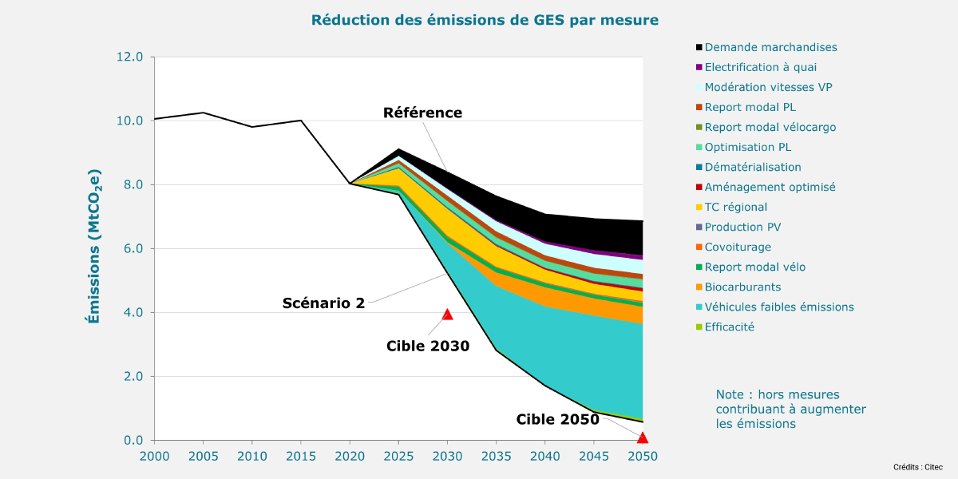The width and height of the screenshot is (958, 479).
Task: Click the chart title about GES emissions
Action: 485,19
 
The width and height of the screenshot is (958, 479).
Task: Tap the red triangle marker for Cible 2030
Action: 447,315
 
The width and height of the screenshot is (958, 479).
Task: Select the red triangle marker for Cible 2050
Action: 643,437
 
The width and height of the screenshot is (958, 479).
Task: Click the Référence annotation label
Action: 422,113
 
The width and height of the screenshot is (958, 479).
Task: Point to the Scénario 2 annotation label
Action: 323,303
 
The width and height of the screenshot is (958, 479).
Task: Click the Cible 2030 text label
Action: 428,346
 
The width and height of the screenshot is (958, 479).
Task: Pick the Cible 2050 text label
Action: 557,419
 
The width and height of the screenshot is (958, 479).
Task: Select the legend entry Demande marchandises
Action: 770,48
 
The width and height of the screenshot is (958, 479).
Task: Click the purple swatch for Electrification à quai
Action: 699,68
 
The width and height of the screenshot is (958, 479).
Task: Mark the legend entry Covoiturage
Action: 738,247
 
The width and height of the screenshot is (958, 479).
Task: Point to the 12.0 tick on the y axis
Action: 129,57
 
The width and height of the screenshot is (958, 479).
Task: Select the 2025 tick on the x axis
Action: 398,455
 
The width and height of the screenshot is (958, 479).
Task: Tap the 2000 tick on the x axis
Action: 154,455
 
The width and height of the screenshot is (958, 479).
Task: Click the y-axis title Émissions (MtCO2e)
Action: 94,247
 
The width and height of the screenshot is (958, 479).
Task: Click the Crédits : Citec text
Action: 919,466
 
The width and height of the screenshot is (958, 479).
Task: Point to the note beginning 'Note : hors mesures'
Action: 790,409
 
